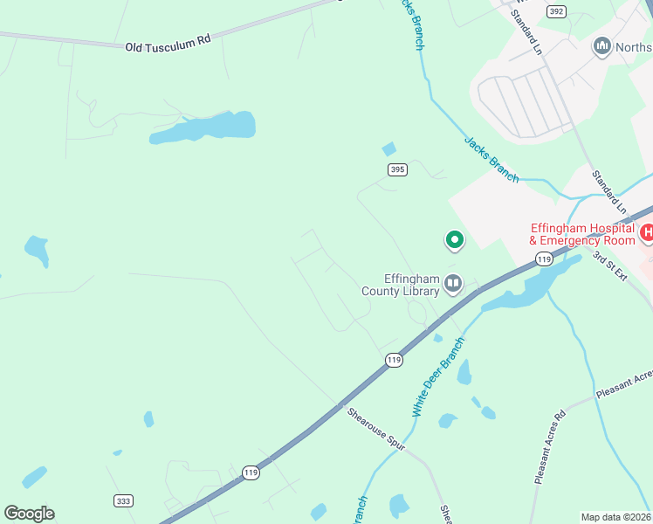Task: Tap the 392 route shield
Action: [555, 10]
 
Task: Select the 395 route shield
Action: [397, 169]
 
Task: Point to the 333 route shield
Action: [123, 500]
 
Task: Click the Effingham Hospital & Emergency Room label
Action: [583, 234]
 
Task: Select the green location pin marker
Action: [454, 238]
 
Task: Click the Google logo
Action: [29, 514]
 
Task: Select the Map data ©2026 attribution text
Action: [616, 517]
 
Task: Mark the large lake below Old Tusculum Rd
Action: [205, 128]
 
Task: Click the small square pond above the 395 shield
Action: [388, 149]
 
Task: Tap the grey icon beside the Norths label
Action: [601, 45]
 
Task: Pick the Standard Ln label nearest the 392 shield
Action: [526, 32]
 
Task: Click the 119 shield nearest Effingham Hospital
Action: [544, 259]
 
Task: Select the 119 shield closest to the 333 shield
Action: [251, 472]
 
